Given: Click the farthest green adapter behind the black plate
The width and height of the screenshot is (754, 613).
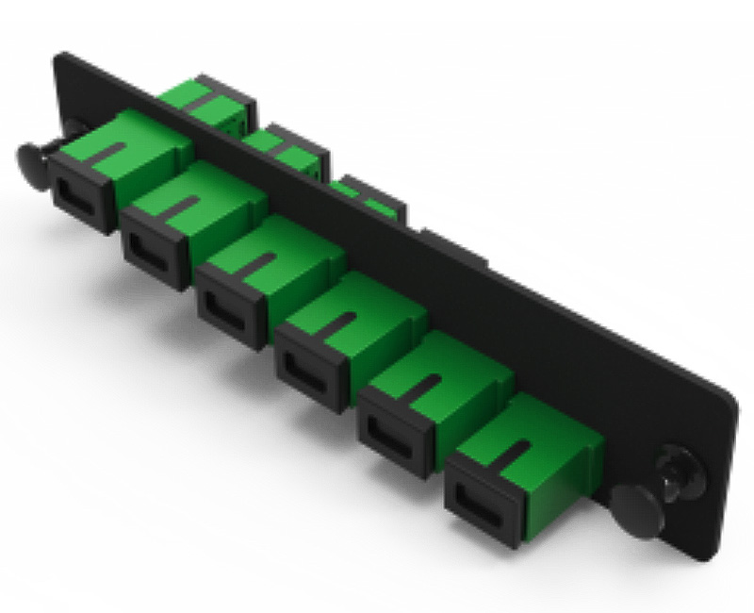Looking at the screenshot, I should click(203, 99).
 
